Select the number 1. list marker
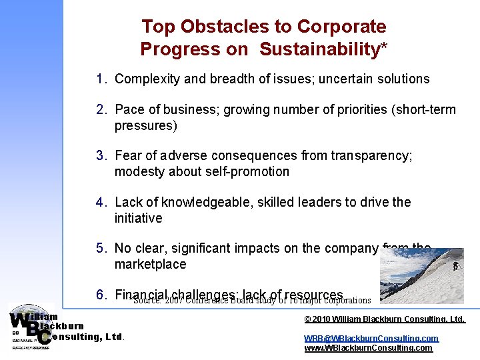click(101, 79)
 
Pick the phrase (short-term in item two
click(424, 109)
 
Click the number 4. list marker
click(101, 202)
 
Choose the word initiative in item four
click(138, 218)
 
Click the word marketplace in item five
click(150, 264)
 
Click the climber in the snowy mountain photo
click(455, 266)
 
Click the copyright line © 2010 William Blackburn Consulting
click(384, 319)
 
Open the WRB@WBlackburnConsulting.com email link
click(371, 338)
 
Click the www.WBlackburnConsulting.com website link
click(368, 347)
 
